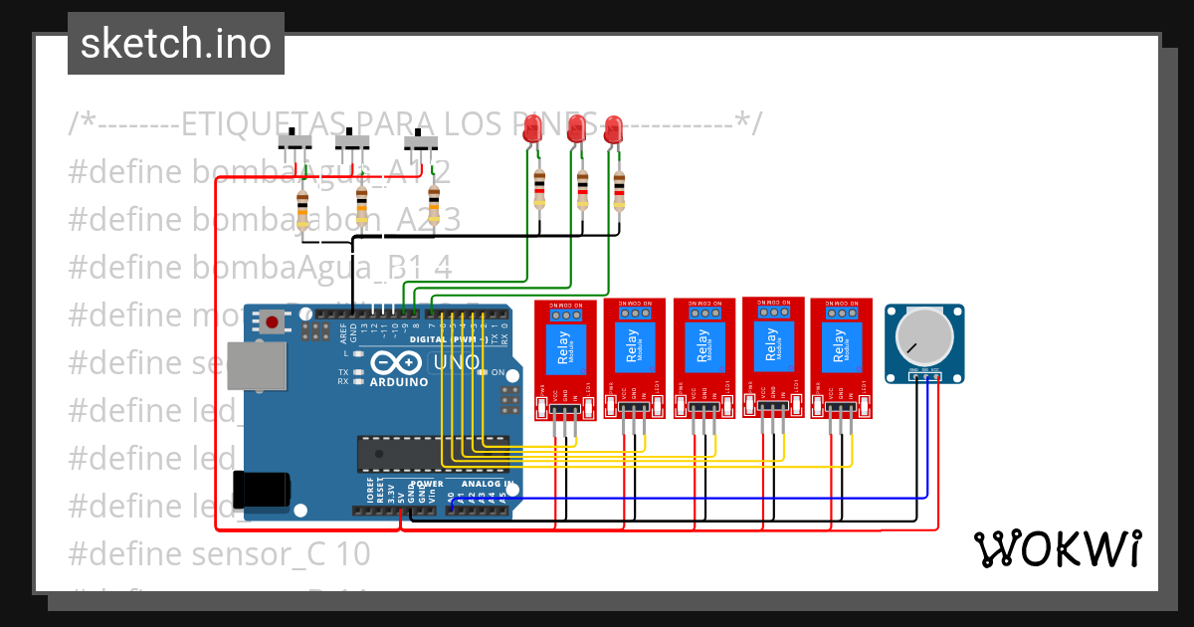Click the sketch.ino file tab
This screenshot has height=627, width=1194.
(x=175, y=44)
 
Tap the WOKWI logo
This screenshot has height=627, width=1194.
(x=1057, y=548)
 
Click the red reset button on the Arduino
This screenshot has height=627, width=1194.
(x=271, y=320)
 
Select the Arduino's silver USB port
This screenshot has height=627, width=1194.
(x=254, y=365)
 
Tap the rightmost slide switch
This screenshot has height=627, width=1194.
(x=425, y=141)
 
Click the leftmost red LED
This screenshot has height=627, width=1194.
(x=533, y=126)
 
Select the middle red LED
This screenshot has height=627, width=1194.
(x=575, y=126)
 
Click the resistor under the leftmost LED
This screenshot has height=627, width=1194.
(x=539, y=188)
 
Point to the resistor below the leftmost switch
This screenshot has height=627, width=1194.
(x=302, y=210)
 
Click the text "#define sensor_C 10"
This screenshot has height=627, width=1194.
(x=219, y=553)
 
